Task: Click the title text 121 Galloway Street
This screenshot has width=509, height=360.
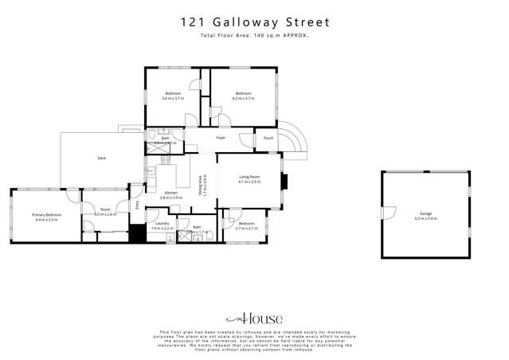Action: [x=255, y=23]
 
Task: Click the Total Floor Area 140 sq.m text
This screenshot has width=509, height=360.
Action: [x=255, y=37]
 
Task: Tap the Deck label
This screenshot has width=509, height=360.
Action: [x=102, y=158]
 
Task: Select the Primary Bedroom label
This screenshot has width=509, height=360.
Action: [x=47, y=215]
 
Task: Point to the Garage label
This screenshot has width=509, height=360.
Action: [x=426, y=214]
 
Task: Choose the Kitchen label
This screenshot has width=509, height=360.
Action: [x=170, y=193]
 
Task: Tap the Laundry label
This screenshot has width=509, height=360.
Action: [x=162, y=225]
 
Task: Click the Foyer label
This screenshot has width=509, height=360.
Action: [x=221, y=138]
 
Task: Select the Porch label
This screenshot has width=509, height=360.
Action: [x=268, y=138]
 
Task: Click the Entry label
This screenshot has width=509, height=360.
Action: [x=137, y=204]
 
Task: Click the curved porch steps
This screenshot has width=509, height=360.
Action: [x=293, y=137]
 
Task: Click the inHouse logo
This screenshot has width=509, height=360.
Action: [x=255, y=317]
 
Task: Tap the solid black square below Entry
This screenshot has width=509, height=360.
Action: [x=136, y=234]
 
